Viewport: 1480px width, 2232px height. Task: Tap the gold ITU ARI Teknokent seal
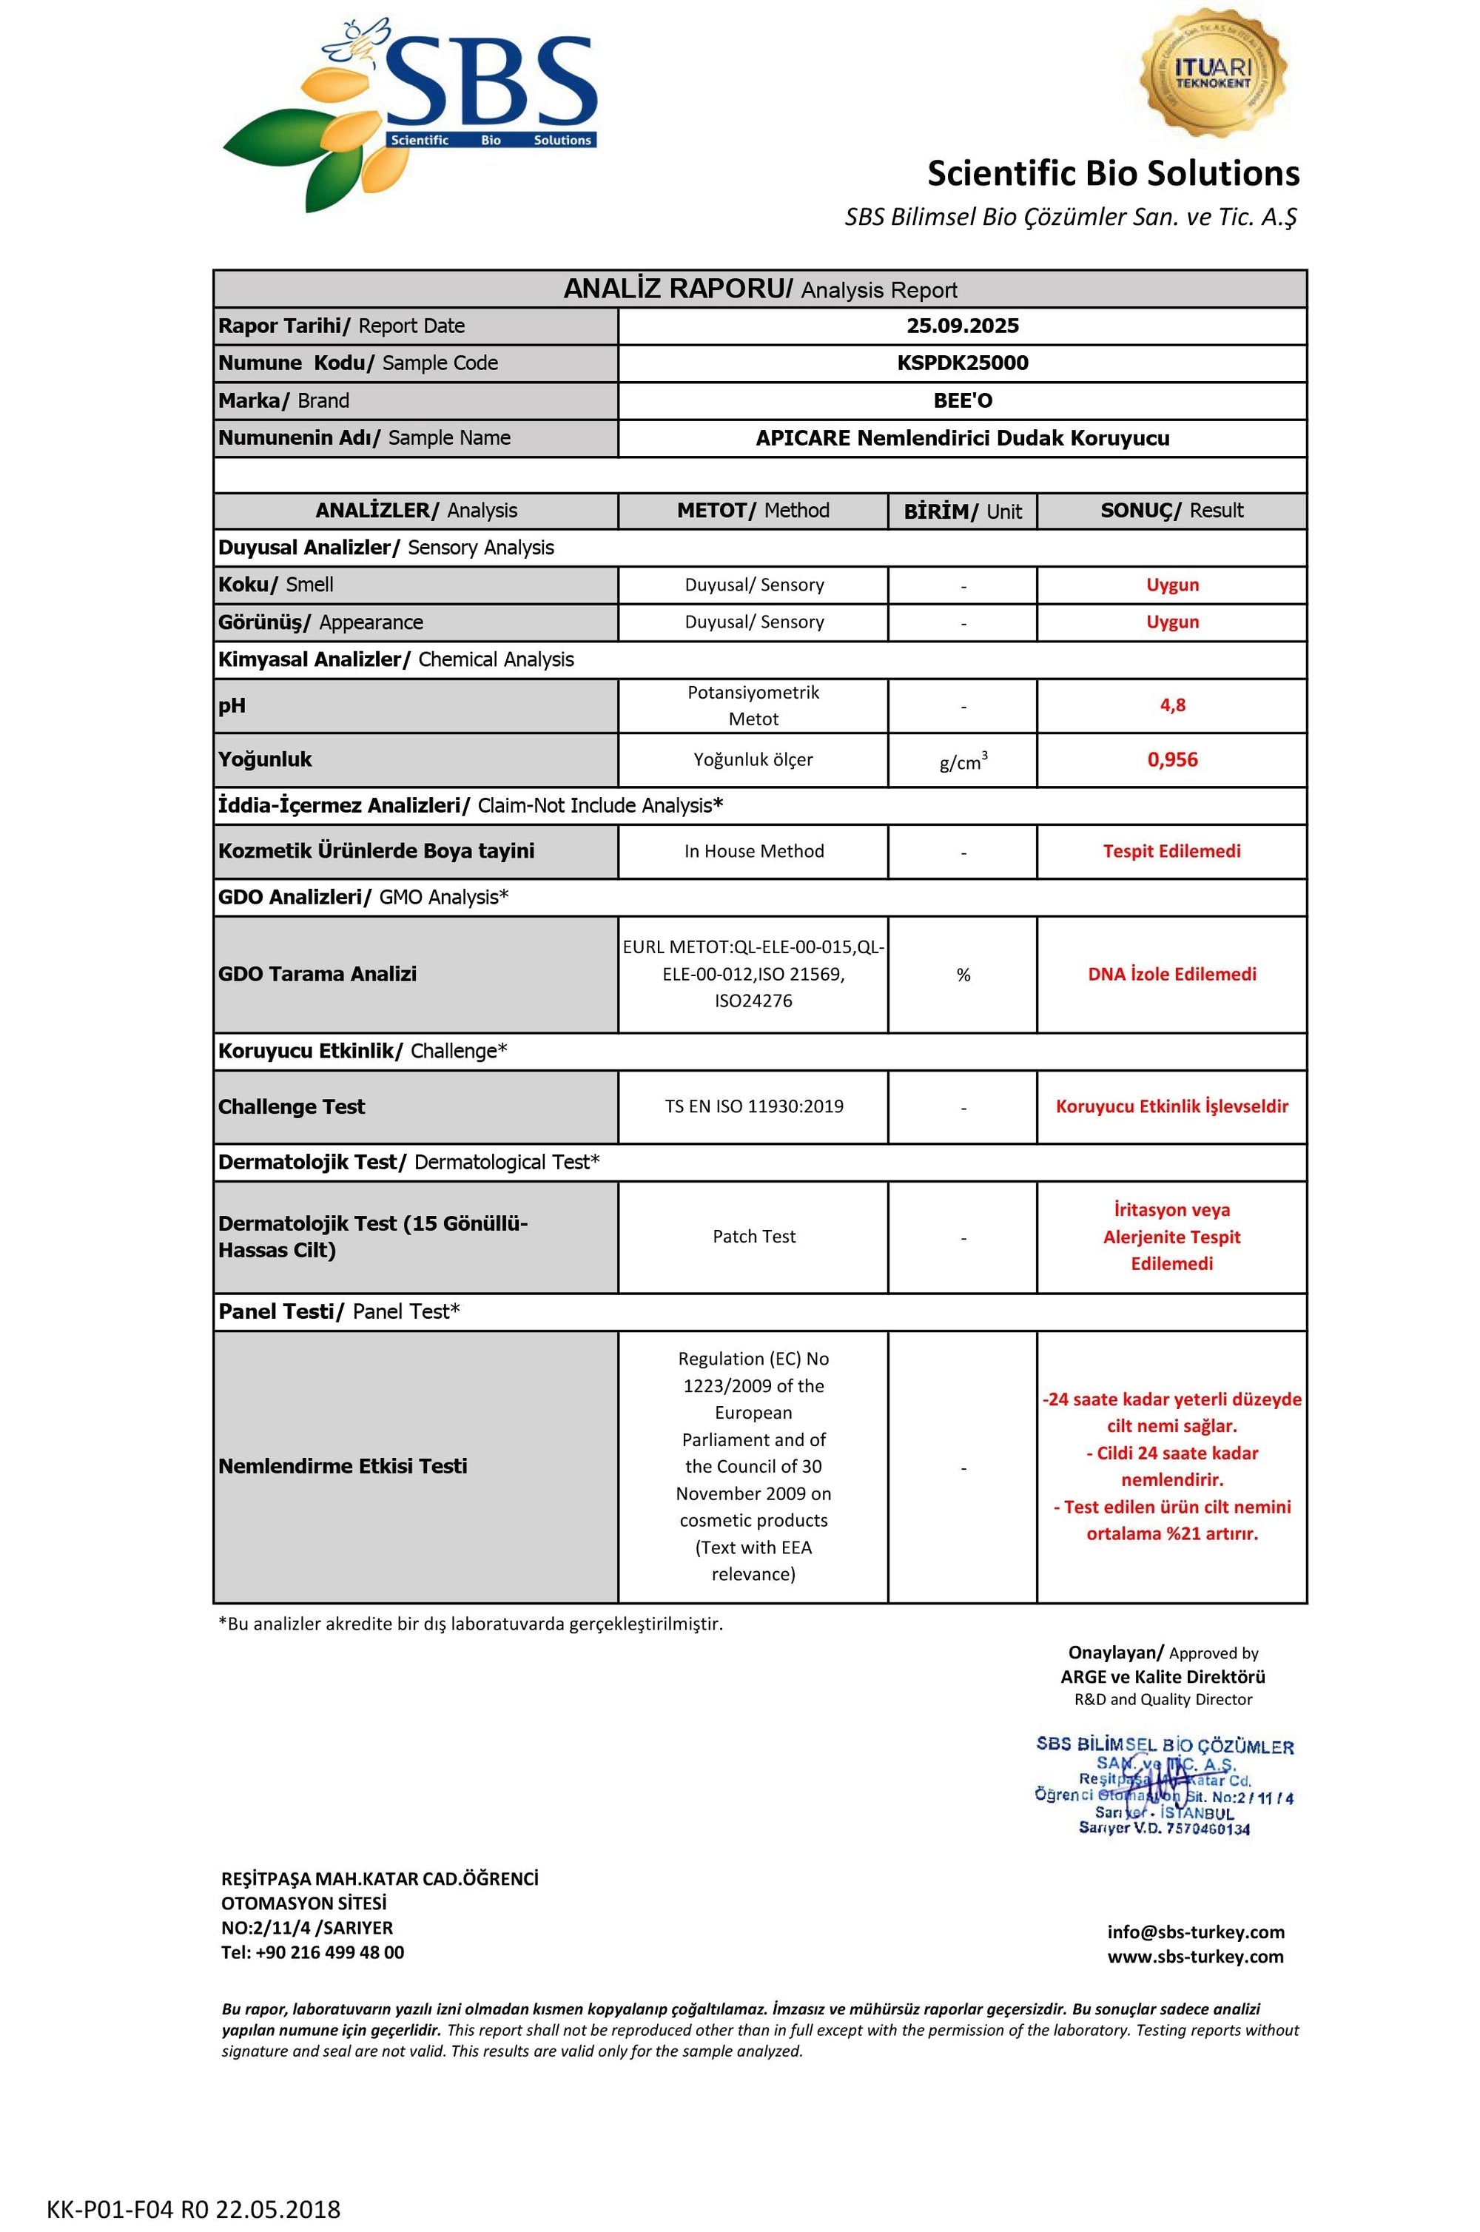1213,75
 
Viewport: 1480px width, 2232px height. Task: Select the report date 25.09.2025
963,326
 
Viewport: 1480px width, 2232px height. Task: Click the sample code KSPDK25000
963,363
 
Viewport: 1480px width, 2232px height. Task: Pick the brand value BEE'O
963,401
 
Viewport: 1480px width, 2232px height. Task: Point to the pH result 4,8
1172,705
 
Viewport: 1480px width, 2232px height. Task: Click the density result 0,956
1172,760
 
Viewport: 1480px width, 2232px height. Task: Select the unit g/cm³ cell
963,761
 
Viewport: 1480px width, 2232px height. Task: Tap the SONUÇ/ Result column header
1171,511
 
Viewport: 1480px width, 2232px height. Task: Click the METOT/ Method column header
753,511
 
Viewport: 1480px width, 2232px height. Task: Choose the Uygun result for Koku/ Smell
1172,585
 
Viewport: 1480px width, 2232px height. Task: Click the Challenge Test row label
292,1107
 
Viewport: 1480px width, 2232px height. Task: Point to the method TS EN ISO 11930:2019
754,1107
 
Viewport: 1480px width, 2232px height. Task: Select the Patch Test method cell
754,1237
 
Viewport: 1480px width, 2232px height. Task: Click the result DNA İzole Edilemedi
1172,975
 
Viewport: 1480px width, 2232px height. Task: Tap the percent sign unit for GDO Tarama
963,975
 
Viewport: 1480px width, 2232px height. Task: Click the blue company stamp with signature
1165,1786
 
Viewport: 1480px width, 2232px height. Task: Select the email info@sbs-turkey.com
1196,1932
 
